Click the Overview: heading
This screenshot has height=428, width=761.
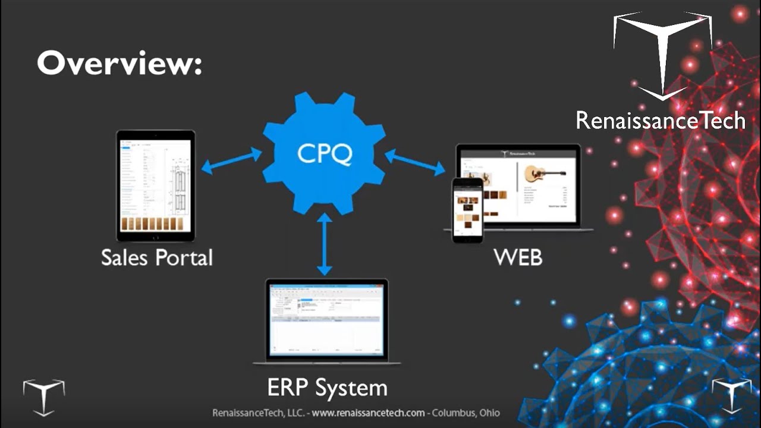click(x=119, y=62)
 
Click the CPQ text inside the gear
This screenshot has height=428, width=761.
click(x=325, y=154)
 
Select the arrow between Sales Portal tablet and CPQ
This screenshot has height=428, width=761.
click(x=231, y=161)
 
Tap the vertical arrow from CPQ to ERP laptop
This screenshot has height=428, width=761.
click(x=324, y=244)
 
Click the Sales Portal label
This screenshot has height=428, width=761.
click(x=156, y=258)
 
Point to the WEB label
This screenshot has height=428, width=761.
click(x=518, y=258)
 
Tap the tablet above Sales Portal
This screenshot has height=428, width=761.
click(x=155, y=185)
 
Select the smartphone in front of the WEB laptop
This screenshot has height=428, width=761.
click(x=467, y=210)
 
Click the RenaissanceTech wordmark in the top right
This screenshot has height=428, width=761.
click(x=660, y=121)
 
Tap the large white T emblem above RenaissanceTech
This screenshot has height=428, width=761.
click(x=662, y=53)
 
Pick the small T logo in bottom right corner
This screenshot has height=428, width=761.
click(x=732, y=395)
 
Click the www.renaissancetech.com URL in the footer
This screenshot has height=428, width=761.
click(x=369, y=413)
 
